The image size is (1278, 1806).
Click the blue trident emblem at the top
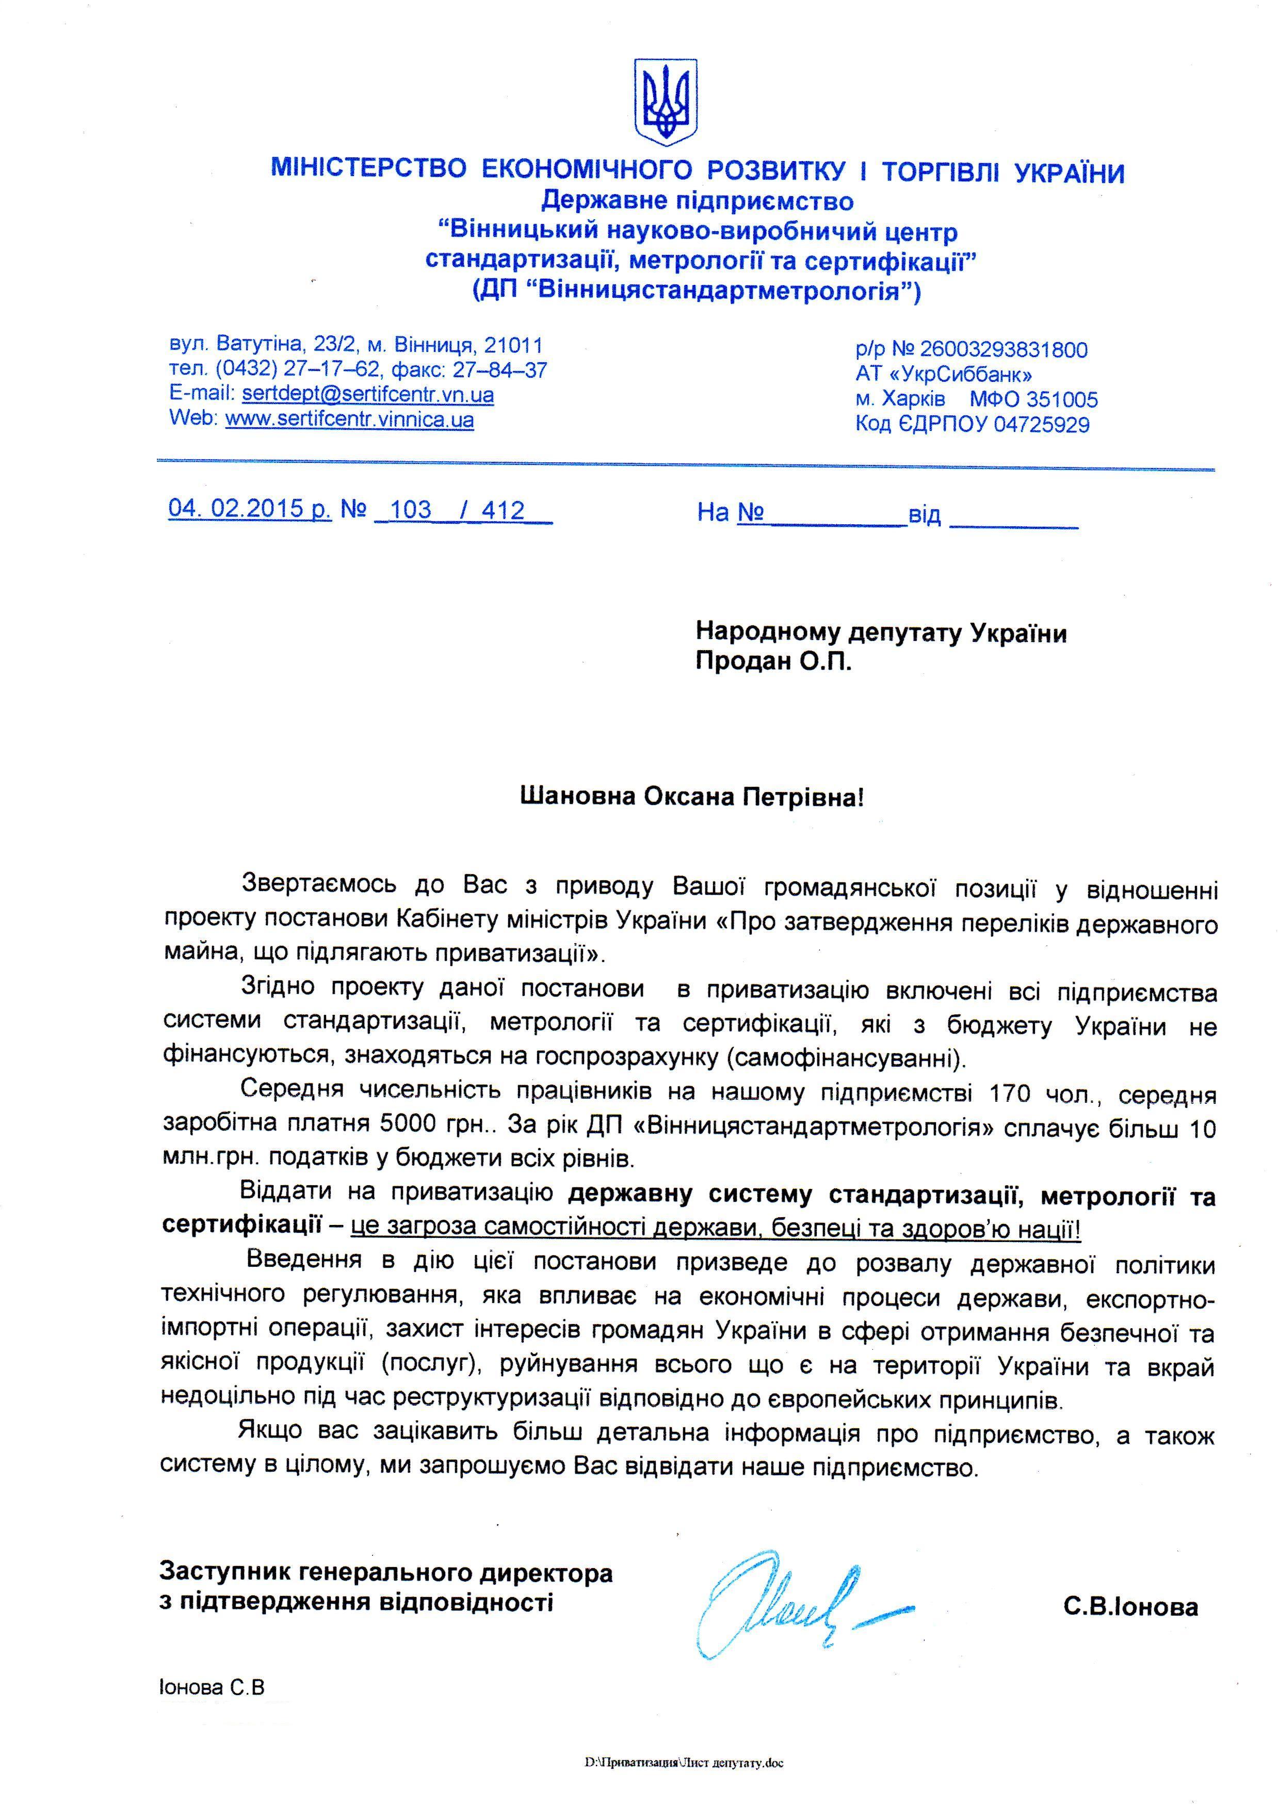[666, 102]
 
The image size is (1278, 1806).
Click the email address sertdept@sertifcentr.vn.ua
[367, 394]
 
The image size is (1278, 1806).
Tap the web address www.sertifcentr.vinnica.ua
[349, 420]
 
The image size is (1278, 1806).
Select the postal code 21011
[513, 345]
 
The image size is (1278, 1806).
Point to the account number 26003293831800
[1004, 349]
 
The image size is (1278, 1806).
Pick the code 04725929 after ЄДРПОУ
[1041, 425]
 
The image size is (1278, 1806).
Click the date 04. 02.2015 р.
[250, 508]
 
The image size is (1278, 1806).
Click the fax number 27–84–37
[500, 370]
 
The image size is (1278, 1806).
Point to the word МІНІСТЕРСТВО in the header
[369, 169]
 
